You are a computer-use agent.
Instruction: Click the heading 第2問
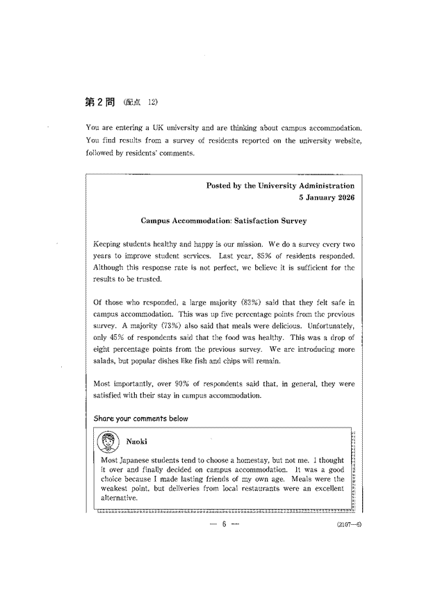(x=100, y=101)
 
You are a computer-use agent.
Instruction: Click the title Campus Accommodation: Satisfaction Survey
(x=223, y=221)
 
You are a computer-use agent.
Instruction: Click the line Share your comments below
(x=140, y=419)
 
